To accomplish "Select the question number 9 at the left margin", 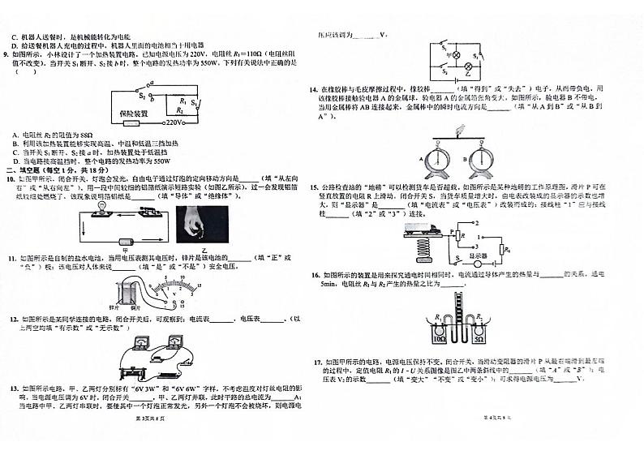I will pyautogui.click(x=7, y=54).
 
